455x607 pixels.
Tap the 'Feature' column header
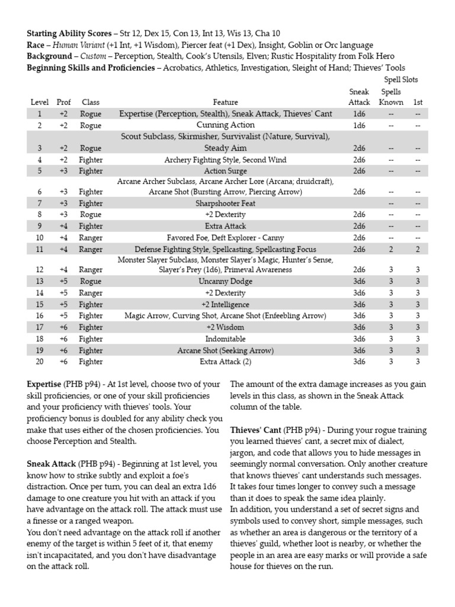pyautogui.click(x=226, y=103)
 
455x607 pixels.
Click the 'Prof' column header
pyautogui.click(x=63, y=103)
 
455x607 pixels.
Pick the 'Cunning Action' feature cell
pyautogui.click(x=226, y=125)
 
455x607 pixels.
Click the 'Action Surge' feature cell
pyautogui.click(x=226, y=171)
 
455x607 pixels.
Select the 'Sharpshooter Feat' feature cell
pyautogui.click(x=226, y=203)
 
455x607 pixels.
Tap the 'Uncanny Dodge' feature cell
pyautogui.click(x=226, y=282)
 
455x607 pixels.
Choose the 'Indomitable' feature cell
pyautogui.click(x=226, y=338)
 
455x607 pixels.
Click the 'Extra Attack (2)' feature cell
pyautogui.click(x=226, y=361)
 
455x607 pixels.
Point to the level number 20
pyautogui.click(x=40, y=361)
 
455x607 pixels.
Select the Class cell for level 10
pyautogui.click(x=91, y=238)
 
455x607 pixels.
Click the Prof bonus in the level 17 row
pyautogui.click(x=63, y=327)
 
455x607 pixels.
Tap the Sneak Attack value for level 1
pyautogui.click(x=359, y=114)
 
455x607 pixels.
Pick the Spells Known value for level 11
pyautogui.click(x=390, y=250)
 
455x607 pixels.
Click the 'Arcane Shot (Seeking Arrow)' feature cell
pyautogui.click(x=226, y=350)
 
